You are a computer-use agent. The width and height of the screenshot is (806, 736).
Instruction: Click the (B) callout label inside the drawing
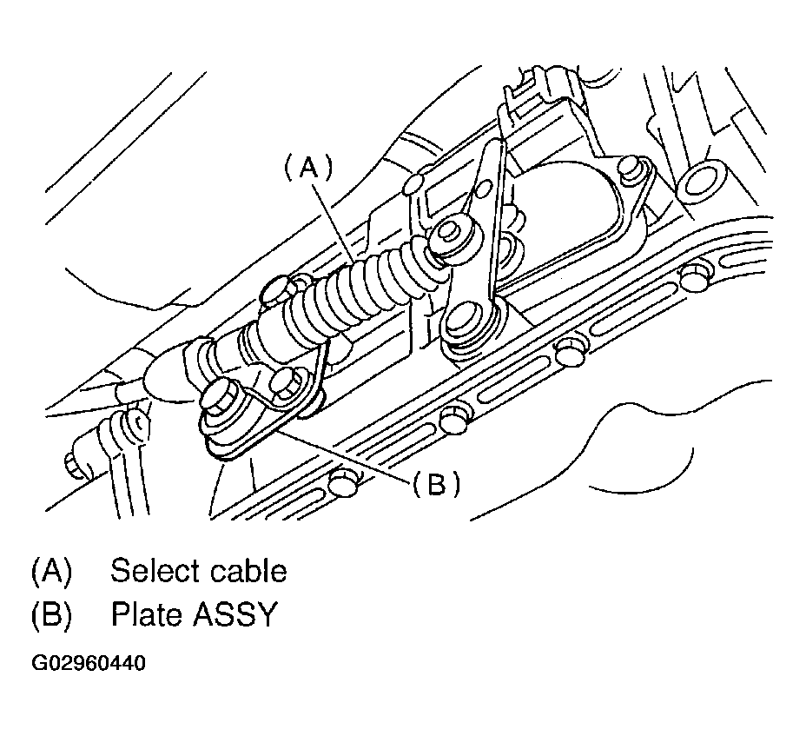tap(436, 484)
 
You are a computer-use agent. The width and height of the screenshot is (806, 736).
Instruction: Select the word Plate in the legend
tap(147, 614)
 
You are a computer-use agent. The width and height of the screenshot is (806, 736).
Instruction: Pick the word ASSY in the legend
tap(235, 614)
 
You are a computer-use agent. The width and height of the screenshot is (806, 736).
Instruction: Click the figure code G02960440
tap(89, 663)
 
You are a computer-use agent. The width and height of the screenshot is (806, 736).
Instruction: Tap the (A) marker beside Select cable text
tap(52, 571)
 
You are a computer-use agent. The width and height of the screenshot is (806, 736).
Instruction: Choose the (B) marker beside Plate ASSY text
tap(52, 614)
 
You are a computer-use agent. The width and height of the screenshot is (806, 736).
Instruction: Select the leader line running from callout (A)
tap(334, 222)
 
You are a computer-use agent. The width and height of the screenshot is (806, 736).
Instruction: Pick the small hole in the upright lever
tap(484, 192)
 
